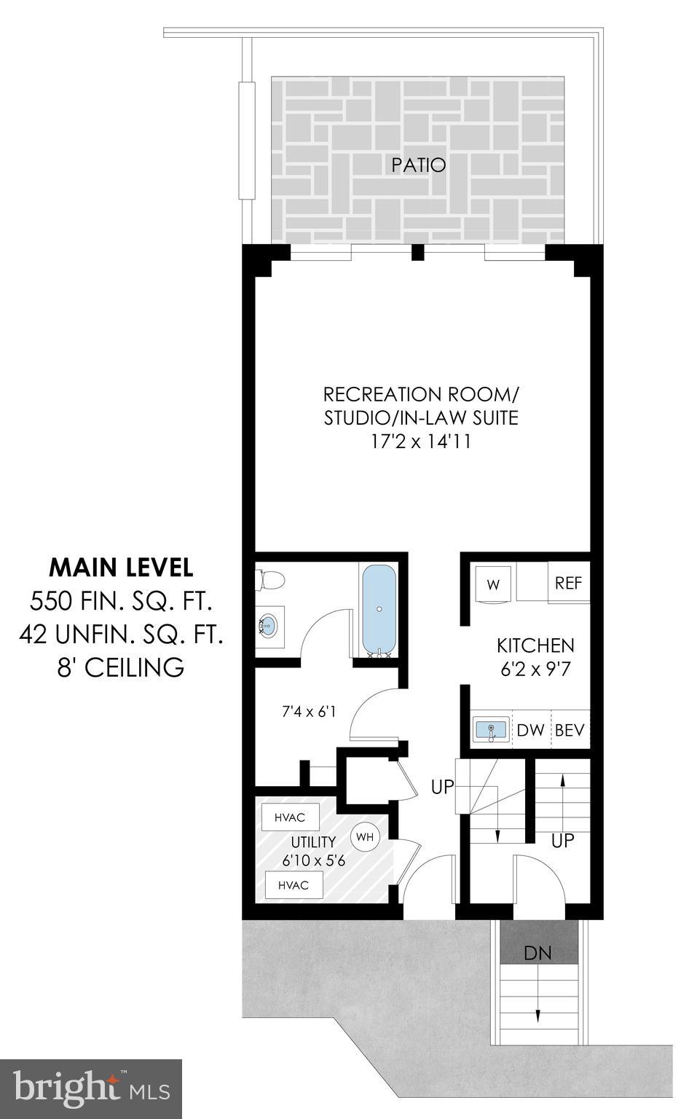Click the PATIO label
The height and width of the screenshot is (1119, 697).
(x=418, y=165)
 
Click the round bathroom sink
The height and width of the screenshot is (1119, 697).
(x=268, y=625)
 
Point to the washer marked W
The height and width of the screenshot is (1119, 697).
(x=493, y=585)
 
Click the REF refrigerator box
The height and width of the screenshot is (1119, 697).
(x=568, y=584)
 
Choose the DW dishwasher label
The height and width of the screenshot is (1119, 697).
(x=531, y=730)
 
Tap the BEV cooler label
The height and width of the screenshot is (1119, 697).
(x=570, y=730)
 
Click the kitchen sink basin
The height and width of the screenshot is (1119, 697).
(x=491, y=729)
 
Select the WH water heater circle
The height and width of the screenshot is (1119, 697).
(x=365, y=837)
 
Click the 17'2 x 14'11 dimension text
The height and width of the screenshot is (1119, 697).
(x=420, y=441)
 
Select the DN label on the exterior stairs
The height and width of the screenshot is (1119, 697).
(x=537, y=953)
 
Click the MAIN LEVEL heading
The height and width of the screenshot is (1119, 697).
(x=121, y=567)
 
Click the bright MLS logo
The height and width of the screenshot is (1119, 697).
(x=91, y=1089)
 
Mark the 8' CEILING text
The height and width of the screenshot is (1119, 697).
(x=121, y=667)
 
